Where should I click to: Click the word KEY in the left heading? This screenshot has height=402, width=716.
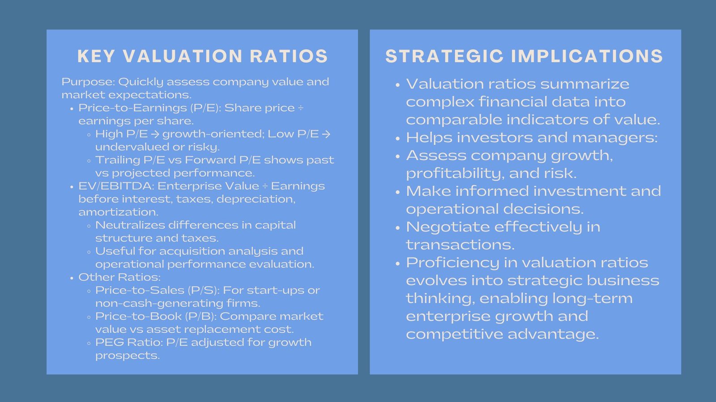(x=96, y=56)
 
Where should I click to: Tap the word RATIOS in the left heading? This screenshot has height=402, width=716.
(x=289, y=56)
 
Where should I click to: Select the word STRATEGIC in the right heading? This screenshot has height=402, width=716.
(x=445, y=56)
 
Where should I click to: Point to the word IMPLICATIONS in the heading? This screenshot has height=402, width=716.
(x=587, y=56)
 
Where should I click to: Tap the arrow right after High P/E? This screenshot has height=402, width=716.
(x=155, y=134)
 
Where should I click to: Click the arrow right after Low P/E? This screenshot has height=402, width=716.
(x=326, y=134)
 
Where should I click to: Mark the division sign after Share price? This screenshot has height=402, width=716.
(x=301, y=108)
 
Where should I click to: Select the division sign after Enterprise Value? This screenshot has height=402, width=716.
(x=265, y=186)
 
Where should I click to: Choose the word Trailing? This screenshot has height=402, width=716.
(x=118, y=160)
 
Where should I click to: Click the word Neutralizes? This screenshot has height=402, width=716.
(x=130, y=225)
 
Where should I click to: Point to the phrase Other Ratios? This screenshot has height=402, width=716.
(x=119, y=277)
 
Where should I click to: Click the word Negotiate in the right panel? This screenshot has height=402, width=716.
(x=448, y=227)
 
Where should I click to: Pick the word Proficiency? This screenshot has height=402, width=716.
(x=452, y=263)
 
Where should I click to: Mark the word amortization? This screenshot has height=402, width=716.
(x=118, y=212)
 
